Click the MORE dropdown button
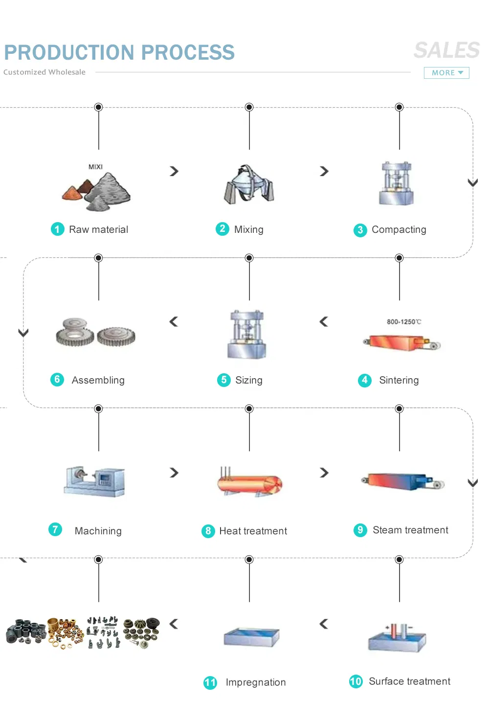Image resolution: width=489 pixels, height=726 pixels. coord(446,73)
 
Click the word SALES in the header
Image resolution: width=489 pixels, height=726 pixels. coord(446,50)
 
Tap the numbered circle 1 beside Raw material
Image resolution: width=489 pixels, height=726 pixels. coord(58,229)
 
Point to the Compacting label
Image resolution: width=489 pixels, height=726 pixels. coord(399,229)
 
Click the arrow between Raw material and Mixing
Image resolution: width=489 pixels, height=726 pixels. coord(174,171)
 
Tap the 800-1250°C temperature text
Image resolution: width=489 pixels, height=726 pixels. coord(403,322)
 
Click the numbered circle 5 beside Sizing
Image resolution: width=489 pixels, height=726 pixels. coord(223,380)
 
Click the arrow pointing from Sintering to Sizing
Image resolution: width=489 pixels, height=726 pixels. coord(324,321)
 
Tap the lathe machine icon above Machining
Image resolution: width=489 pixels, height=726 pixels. coord(95,480)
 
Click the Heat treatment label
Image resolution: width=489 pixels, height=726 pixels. coord(253,531)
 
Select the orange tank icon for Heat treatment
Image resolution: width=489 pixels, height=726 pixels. coord(250,483)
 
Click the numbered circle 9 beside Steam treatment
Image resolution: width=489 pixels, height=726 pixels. coord(360,530)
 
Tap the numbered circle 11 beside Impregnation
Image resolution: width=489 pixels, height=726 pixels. coord(210,682)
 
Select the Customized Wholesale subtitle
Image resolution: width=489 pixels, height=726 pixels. coord(44,72)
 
